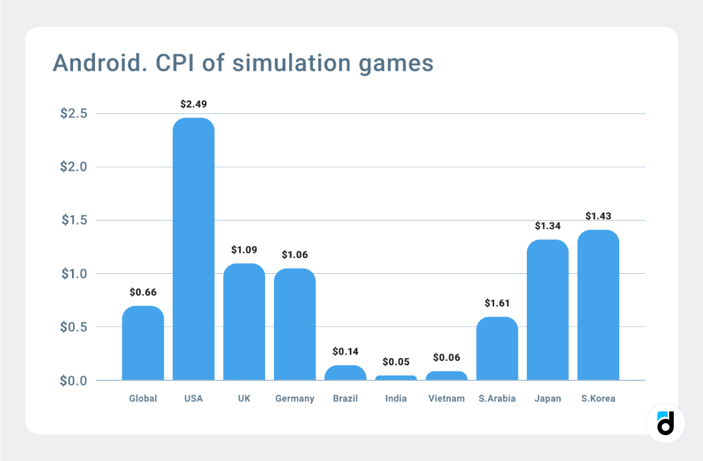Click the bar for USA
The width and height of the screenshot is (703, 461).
click(x=193, y=249)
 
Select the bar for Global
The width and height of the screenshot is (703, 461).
click(x=143, y=343)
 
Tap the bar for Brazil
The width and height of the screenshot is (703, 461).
click(x=345, y=373)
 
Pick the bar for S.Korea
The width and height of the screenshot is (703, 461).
click(x=598, y=305)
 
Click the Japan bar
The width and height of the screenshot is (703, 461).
click(x=547, y=310)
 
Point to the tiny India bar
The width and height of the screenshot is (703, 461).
click(x=396, y=378)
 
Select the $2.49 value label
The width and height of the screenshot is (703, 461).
click(x=193, y=104)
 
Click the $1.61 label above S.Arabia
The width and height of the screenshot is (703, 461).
click(x=497, y=303)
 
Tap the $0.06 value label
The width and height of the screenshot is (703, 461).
click(x=447, y=357)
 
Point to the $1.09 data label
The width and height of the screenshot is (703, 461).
click(x=244, y=250)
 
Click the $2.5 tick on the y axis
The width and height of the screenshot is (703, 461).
click(x=74, y=113)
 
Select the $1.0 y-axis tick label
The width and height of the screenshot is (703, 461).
click(x=74, y=274)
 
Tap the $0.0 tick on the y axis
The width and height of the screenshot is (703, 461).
click(x=74, y=381)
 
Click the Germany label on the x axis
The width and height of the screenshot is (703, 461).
click(x=294, y=398)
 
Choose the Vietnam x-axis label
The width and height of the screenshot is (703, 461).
click(x=447, y=398)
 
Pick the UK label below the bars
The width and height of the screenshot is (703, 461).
click(x=244, y=398)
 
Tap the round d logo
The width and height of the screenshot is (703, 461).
click(x=666, y=423)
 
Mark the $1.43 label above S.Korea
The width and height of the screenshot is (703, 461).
click(x=598, y=216)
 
